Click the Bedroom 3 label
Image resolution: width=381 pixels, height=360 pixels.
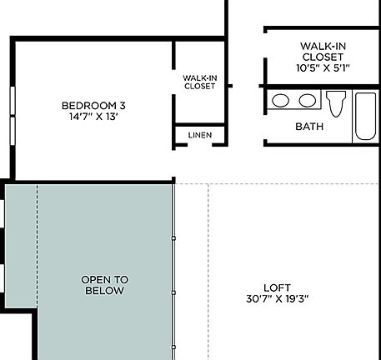(93, 105)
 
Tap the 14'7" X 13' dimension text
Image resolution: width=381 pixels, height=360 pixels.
(93, 117)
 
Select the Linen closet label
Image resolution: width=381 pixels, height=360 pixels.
(199, 135)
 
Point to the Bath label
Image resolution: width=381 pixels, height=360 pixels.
(310, 127)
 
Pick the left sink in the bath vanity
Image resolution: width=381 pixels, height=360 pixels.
(282, 101)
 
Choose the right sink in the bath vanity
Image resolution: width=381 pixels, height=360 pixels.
(308, 101)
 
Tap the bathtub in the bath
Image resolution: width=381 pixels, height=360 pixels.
(365, 116)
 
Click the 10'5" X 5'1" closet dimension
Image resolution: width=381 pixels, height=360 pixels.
(323, 68)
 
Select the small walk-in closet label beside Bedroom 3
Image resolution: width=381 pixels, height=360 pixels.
(199, 82)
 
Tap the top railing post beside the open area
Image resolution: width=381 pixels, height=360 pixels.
(173, 239)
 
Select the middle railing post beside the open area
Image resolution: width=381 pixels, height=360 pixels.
(173, 292)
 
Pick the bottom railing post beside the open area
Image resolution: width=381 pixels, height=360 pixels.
(173, 346)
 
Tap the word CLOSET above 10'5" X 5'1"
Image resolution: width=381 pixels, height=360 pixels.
(323, 57)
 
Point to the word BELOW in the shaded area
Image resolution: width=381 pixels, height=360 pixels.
(104, 291)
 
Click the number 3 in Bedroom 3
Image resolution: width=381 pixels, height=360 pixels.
(123, 105)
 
